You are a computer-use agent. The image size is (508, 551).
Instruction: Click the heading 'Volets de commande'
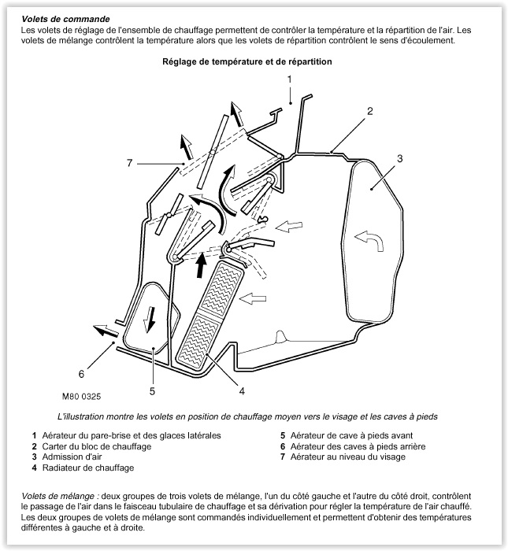66,17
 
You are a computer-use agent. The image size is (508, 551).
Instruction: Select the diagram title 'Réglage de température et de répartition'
247,61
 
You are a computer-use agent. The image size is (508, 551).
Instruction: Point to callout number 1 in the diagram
290,80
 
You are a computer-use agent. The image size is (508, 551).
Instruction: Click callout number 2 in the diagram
369,111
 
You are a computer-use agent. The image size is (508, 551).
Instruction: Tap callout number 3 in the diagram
399,159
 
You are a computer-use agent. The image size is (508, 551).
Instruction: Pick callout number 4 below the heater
242,390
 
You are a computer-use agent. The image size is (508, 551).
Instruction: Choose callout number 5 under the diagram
152,390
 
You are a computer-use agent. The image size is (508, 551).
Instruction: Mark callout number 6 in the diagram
80,373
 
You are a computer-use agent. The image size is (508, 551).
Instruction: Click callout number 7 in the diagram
129,163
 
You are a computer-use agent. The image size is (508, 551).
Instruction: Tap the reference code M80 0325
83,398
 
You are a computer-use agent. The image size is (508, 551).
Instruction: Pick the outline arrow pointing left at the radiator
254,298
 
